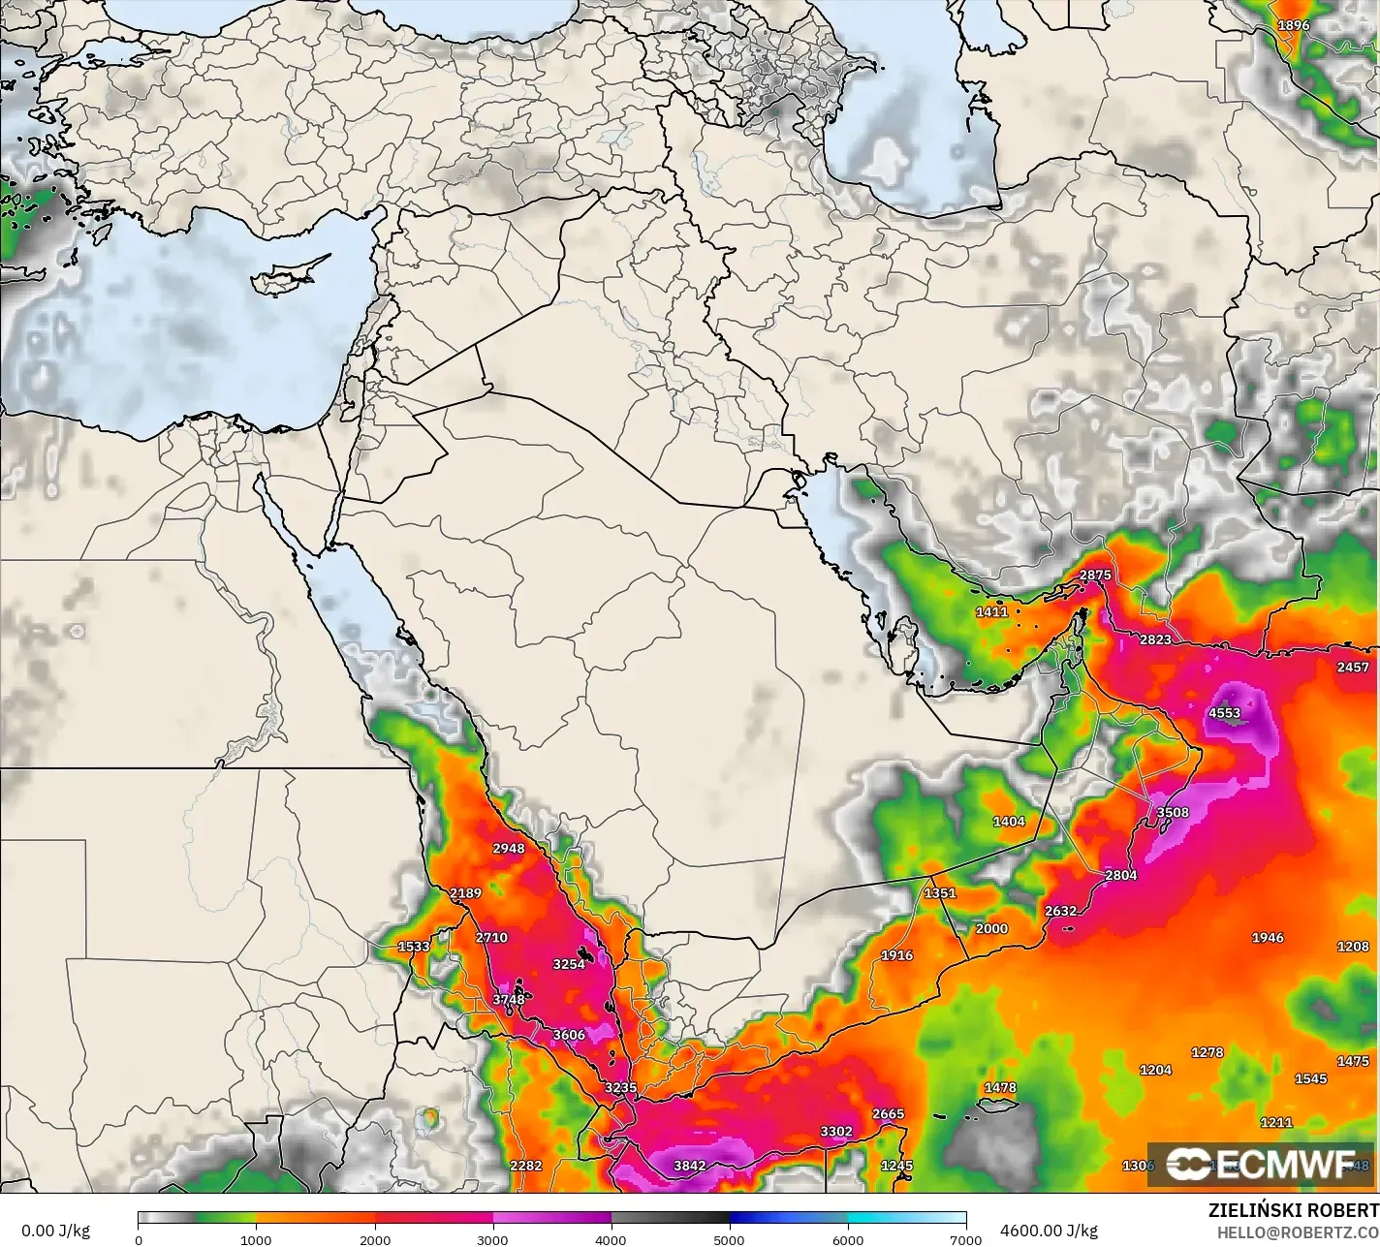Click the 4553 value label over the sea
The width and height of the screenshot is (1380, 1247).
(1224, 713)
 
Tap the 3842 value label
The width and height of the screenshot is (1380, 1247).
(689, 1166)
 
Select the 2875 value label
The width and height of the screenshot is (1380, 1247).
(1095, 575)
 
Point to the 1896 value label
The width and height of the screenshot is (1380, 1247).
(1294, 26)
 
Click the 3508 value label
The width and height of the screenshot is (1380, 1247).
(1173, 812)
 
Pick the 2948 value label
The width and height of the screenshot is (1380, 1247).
(509, 848)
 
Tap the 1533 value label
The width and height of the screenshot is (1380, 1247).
(414, 947)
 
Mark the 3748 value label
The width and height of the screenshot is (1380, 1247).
(509, 999)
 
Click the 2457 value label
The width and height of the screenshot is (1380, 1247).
(1353, 667)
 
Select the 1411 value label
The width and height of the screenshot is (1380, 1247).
(991, 611)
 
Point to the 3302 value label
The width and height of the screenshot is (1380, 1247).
(836, 1131)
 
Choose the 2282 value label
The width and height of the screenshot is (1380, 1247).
(526, 1166)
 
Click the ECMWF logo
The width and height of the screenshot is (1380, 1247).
(1260, 1164)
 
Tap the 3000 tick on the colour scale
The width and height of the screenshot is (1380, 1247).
(493, 1239)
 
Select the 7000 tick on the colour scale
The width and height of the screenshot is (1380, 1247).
(966, 1239)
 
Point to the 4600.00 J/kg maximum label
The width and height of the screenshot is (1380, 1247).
(1049, 1231)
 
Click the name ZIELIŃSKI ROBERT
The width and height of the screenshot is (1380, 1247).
(1294, 1210)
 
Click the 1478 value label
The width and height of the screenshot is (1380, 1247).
(1000, 1088)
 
